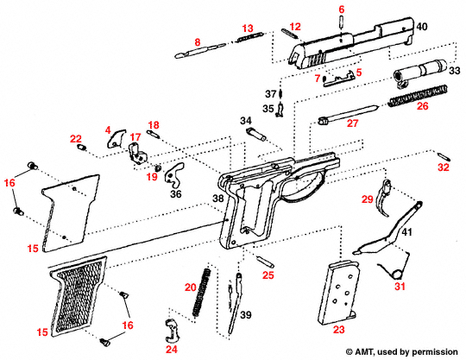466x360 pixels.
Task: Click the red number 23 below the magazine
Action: click(x=338, y=329)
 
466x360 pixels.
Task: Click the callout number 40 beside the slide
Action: click(x=422, y=28)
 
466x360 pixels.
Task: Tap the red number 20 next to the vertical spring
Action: click(x=191, y=287)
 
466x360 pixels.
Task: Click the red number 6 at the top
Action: click(x=341, y=9)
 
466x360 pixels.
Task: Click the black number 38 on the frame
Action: click(x=218, y=199)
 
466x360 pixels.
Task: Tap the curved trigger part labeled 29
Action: click(x=392, y=191)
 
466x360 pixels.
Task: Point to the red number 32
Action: click(x=443, y=167)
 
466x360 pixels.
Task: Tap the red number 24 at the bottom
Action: click(x=172, y=351)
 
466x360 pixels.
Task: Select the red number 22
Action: click(x=76, y=139)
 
